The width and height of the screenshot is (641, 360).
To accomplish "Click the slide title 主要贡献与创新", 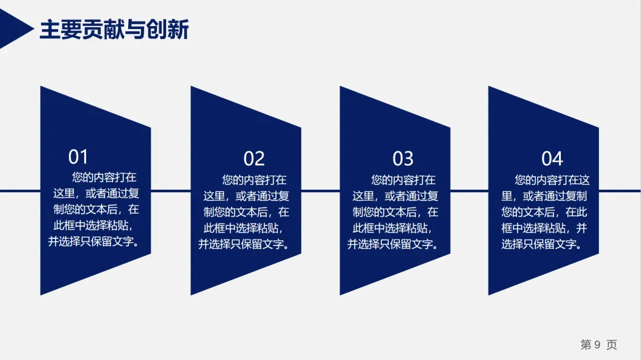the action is [x=114, y=30].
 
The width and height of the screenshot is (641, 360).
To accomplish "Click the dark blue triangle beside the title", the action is [x=13, y=30].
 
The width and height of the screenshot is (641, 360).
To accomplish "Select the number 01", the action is [x=78, y=157].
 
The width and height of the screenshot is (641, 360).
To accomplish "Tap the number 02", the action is [x=254, y=158].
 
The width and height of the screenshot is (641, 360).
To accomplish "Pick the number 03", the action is [x=403, y=158].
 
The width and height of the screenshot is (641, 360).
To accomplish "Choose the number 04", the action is [x=552, y=158].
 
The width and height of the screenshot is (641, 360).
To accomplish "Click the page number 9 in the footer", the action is [x=598, y=345].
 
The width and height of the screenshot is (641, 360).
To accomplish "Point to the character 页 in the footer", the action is [x=611, y=345].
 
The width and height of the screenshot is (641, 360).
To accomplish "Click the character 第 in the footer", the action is [x=586, y=345].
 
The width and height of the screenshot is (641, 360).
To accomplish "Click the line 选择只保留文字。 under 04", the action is [x=544, y=244].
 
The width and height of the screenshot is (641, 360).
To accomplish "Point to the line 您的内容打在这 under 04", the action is [x=552, y=179].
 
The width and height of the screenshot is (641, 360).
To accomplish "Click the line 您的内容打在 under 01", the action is [x=104, y=177].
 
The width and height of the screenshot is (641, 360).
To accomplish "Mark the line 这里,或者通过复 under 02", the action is [x=246, y=195].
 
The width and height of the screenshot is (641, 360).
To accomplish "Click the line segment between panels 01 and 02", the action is [x=171, y=191].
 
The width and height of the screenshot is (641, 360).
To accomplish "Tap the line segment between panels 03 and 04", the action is [x=469, y=191].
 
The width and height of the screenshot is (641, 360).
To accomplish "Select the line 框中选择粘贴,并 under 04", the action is [x=544, y=228].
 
